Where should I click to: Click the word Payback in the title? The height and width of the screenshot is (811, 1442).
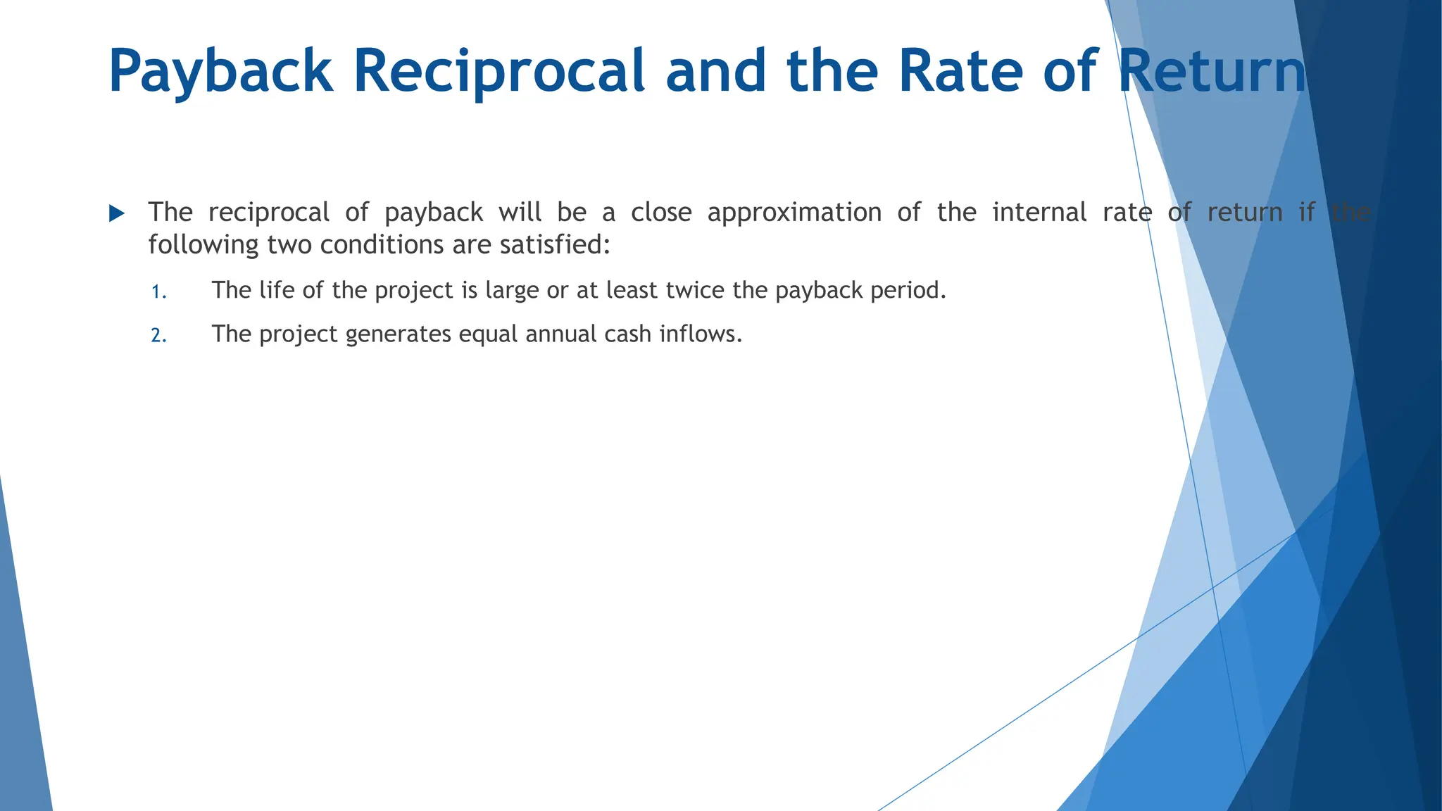220,72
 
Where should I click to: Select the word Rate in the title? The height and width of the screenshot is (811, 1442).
960,72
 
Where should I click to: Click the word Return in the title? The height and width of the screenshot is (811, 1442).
1212,72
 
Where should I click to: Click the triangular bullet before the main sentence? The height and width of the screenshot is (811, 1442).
117,213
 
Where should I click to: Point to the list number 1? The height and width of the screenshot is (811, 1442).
158,292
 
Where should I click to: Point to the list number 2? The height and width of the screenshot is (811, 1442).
158,336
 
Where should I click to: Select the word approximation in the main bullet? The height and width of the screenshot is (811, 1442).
794,213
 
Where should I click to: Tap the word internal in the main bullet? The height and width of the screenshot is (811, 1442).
1039,213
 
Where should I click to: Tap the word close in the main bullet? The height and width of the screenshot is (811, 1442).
660,213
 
